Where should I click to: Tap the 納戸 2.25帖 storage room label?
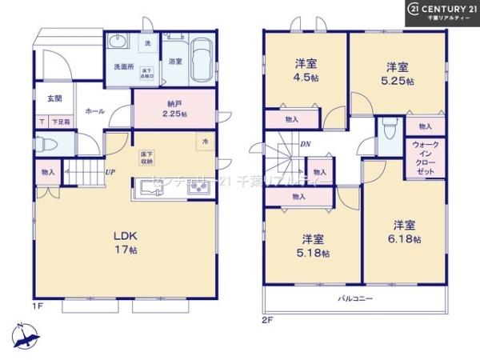click(174, 108)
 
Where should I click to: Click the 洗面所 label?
click(122, 66)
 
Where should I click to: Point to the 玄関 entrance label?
click(54, 99)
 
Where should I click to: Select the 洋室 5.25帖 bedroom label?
click(398, 74)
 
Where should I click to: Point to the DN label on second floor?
click(305, 145)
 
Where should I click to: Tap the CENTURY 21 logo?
click(443, 12)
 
